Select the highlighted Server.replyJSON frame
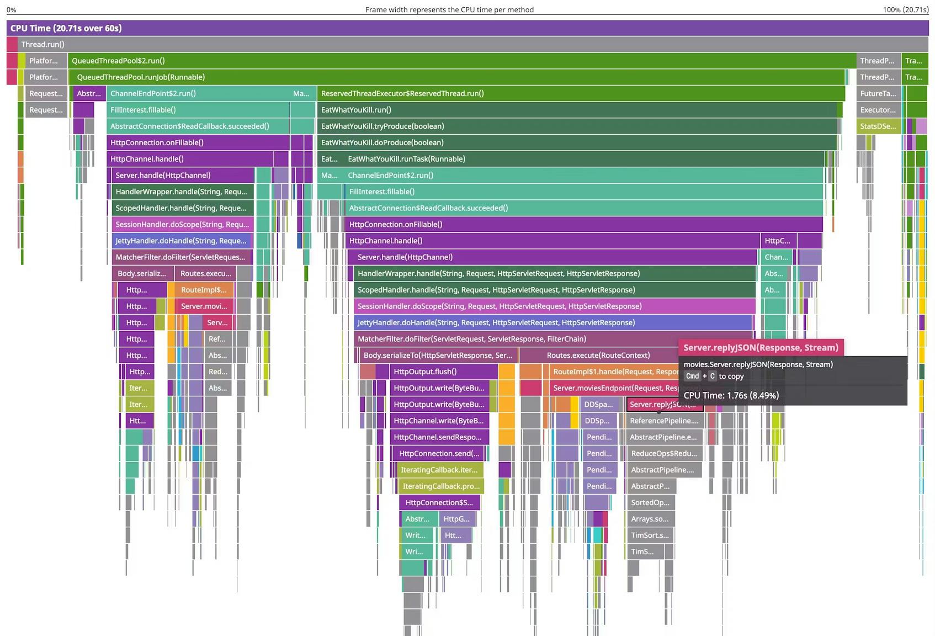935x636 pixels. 664,405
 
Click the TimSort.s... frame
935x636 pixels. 650,535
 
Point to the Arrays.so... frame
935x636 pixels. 650,519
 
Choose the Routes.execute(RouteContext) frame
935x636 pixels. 598,355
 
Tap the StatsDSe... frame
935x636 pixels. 878,126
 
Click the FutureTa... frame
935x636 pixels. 878,94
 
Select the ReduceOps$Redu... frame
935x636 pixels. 664,454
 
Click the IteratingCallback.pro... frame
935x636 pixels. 440,486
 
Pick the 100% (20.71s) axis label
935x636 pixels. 905,9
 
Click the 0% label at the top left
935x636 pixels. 11,9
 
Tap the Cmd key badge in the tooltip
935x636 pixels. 692,376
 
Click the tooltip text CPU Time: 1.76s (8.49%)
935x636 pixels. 731,395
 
